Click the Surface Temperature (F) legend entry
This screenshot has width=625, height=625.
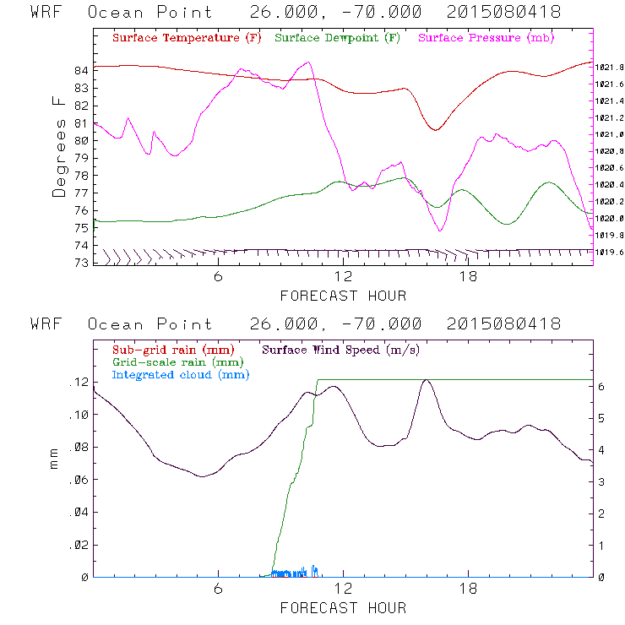click(x=186, y=38)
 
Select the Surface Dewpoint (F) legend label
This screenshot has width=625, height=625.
click(x=338, y=38)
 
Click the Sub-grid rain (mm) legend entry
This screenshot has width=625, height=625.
click(x=172, y=349)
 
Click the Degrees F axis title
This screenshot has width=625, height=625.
click(x=58, y=146)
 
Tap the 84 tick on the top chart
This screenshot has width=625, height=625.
click(x=81, y=71)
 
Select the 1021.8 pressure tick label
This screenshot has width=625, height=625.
click(x=610, y=67)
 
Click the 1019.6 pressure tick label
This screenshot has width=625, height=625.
click(x=610, y=252)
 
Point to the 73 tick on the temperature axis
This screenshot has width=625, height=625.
click(x=81, y=263)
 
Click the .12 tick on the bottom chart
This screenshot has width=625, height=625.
click(x=79, y=383)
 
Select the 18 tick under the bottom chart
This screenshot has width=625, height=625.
click(x=468, y=590)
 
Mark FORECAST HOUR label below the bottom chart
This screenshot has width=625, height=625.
click(x=343, y=607)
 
